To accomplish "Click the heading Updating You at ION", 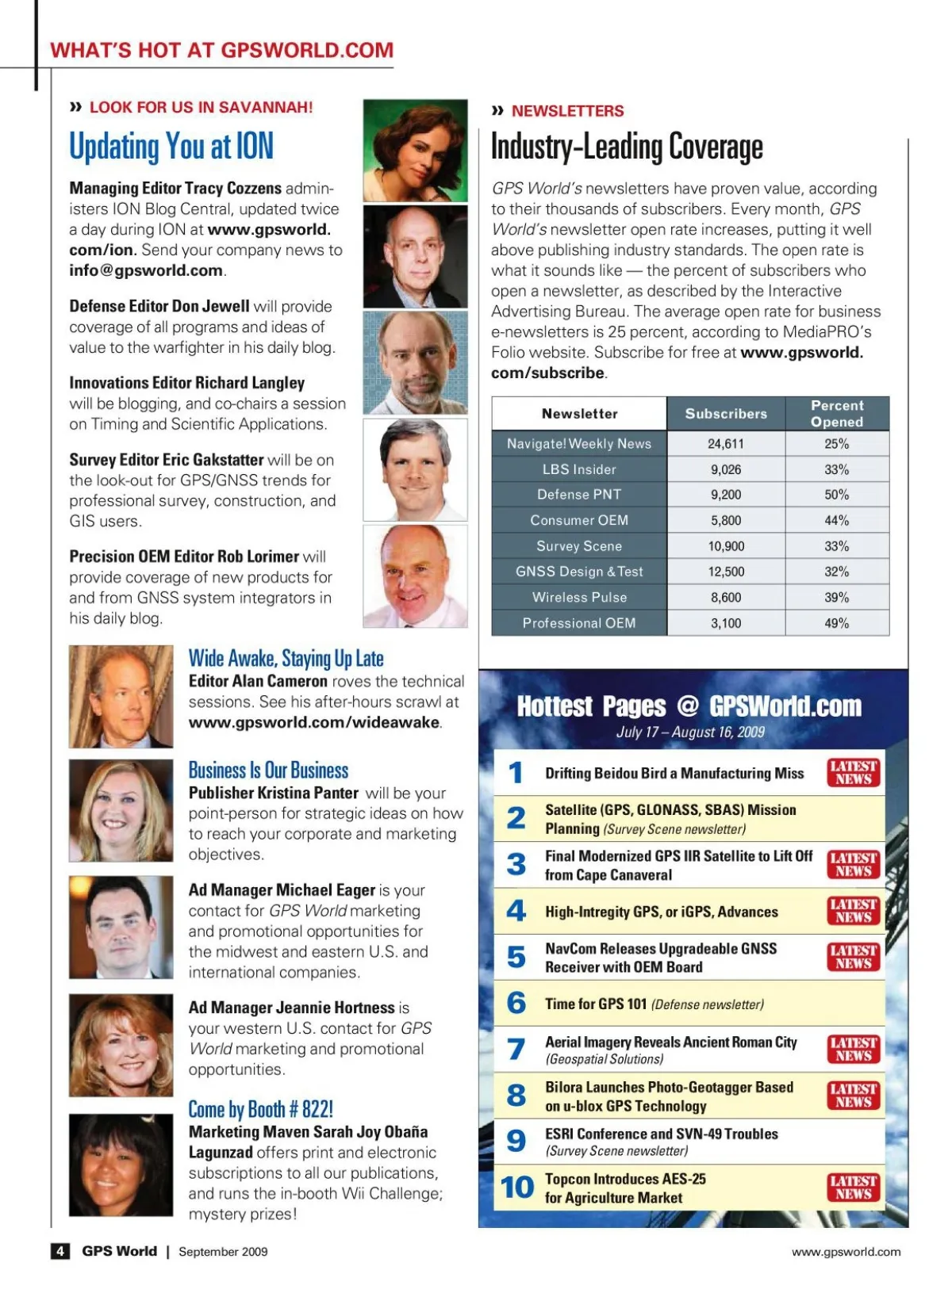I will [171, 147].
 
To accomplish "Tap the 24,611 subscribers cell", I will [725, 444].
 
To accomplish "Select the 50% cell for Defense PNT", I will [836, 495].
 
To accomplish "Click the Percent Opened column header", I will [837, 413].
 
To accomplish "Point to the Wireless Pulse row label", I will [579, 598].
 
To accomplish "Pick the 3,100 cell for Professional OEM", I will [725, 623].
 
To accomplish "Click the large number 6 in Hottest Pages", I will [516, 1003].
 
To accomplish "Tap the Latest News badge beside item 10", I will [854, 1187].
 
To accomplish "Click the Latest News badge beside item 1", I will [854, 772].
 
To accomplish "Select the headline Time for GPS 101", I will [596, 1004].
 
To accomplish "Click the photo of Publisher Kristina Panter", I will [121, 810].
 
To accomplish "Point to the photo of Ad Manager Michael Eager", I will [121, 927].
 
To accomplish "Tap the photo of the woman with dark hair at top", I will [415, 151].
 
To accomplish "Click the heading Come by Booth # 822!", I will [260, 1109].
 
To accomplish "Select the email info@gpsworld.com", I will [146, 270].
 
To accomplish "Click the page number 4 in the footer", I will [60, 1251].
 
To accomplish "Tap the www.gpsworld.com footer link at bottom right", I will [846, 1252].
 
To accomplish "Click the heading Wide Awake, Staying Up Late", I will [286, 659].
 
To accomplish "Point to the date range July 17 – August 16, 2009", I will [690, 732].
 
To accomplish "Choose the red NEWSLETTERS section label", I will [567, 111].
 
